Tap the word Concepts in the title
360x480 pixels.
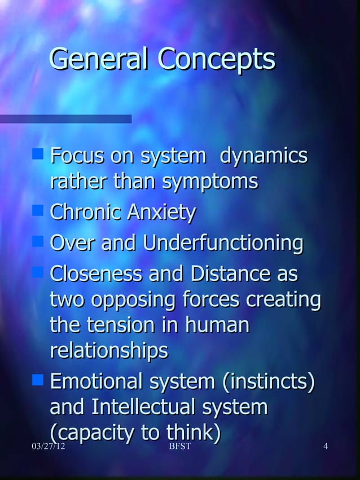click(216, 59)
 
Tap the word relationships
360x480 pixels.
click(109, 351)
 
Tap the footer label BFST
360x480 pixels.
click(179, 447)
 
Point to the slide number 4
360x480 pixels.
click(325, 447)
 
